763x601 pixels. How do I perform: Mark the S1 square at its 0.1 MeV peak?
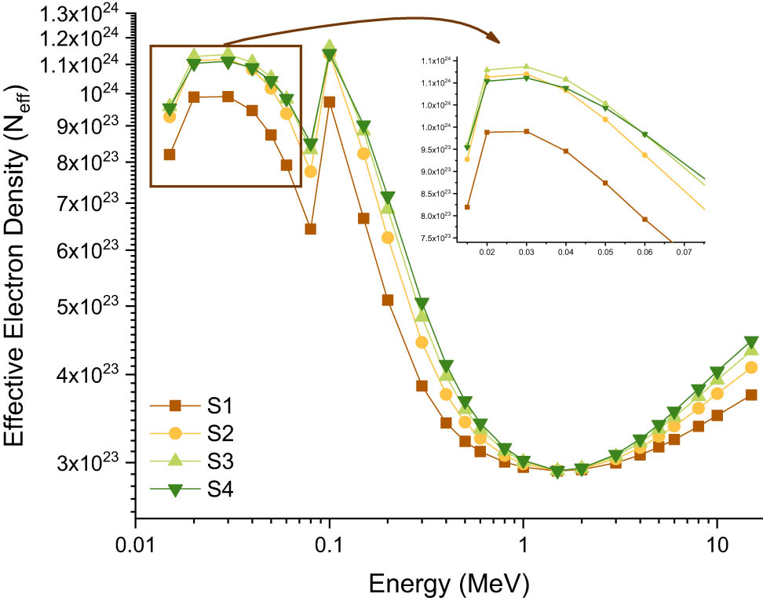coord(330,102)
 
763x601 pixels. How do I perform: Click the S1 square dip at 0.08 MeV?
coord(310,229)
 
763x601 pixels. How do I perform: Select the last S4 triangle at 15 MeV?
coord(750,343)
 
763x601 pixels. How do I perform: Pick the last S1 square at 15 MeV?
coord(750,395)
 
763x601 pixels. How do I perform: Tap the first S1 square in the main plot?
coord(170,155)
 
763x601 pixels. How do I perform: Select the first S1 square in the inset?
coord(467,207)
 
